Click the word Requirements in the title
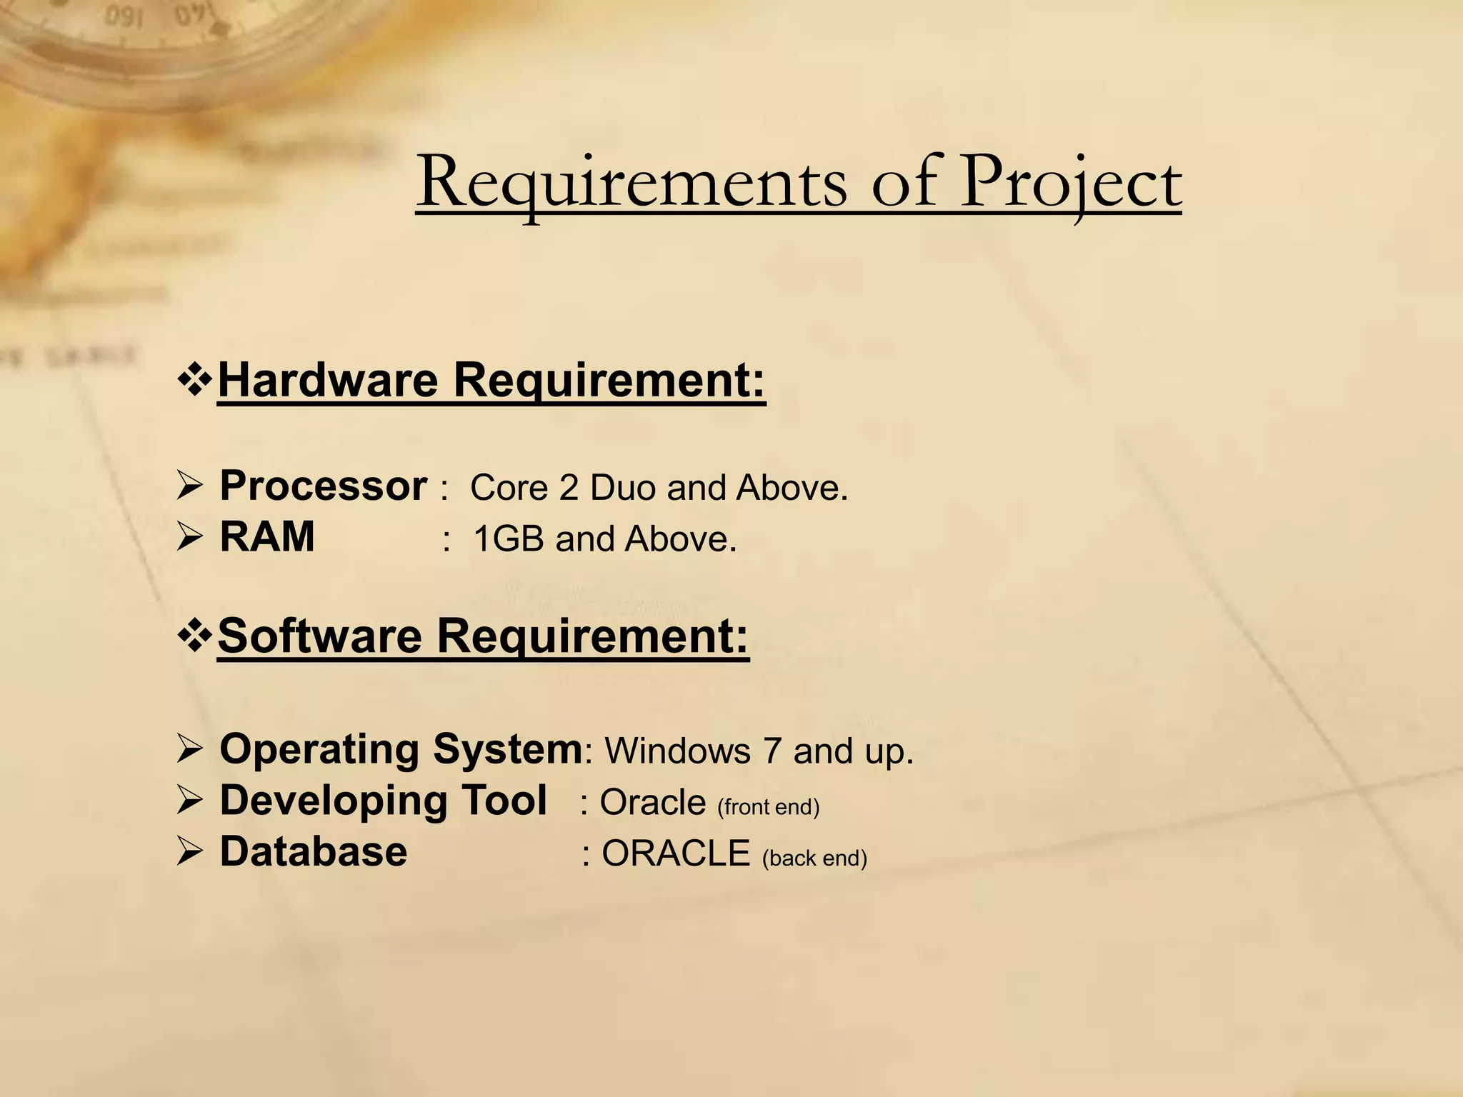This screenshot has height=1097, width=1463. [632, 184]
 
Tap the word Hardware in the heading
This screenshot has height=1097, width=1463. [328, 379]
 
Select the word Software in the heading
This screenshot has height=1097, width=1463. [320, 635]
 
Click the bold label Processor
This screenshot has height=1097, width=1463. [323, 486]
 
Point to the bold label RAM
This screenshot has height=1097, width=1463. [267, 536]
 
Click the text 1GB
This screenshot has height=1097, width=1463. [509, 539]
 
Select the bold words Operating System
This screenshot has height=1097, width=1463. [401, 749]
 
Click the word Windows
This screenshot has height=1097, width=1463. [678, 751]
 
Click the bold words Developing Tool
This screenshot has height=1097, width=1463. [383, 800]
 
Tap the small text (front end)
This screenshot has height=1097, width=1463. [768, 807]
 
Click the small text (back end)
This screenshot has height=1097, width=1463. [814, 858]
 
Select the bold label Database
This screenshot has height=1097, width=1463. [313, 851]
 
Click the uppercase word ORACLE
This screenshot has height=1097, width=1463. [676, 853]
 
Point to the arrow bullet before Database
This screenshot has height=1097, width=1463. [191, 852]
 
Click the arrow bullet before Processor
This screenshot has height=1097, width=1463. [191, 488]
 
